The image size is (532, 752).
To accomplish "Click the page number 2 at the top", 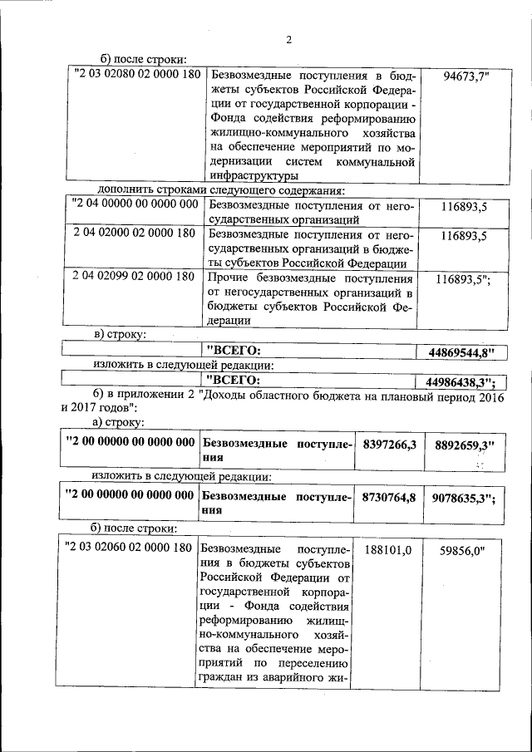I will (289, 40).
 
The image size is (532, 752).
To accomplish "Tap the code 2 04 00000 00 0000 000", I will (135, 204).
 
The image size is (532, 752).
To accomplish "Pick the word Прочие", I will (227, 278).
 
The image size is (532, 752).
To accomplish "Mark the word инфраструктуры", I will (254, 176).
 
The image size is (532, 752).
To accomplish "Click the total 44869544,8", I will (461, 352).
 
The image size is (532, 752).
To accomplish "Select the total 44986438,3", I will (460, 382).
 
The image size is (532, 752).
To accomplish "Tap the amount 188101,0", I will (388, 549).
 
